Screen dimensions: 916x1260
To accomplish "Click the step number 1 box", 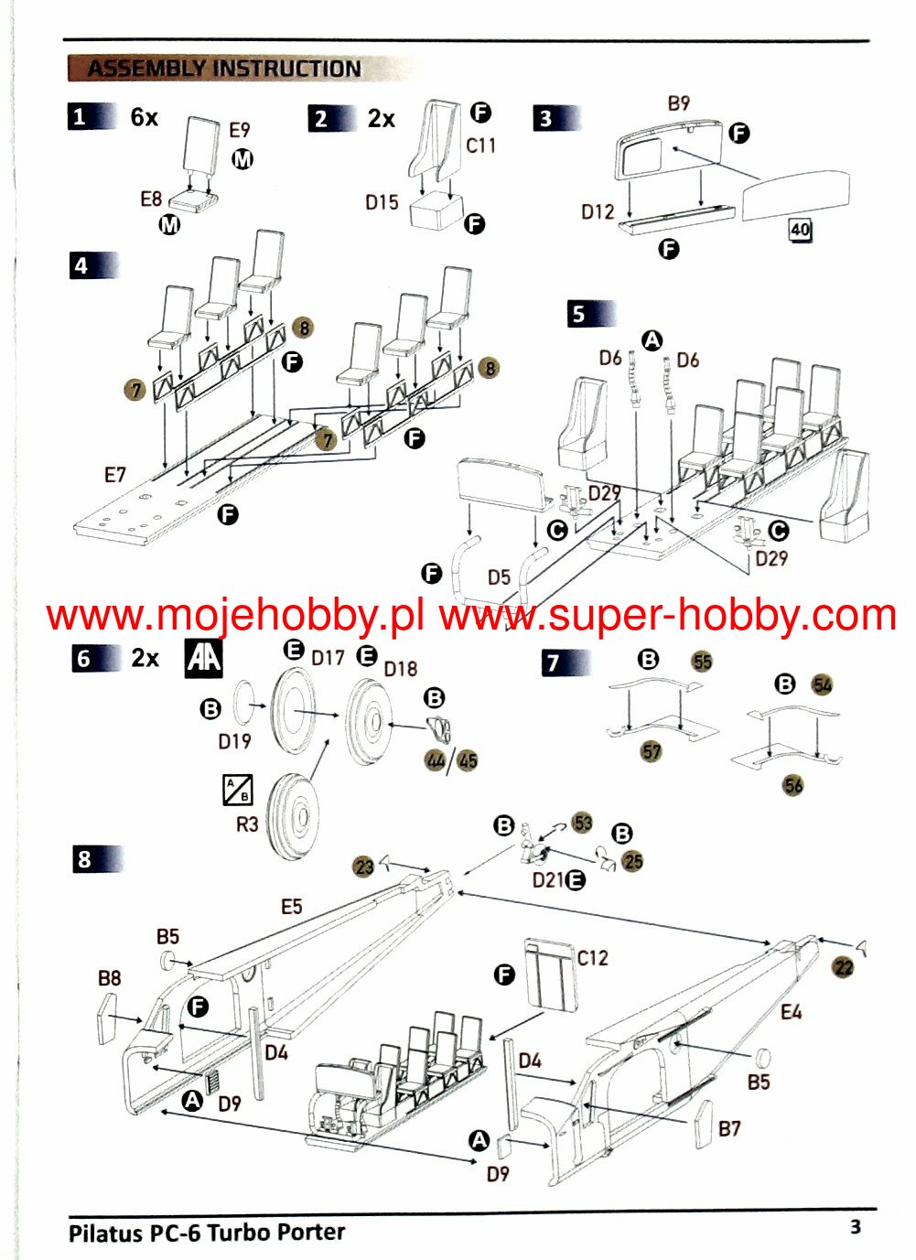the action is pyautogui.click(x=79, y=117).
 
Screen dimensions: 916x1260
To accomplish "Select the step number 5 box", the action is pyautogui.click(x=579, y=314).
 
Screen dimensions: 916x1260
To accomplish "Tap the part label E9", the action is pyautogui.click(x=239, y=131).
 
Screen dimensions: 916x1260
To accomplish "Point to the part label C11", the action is pyautogui.click(x=481, y=145).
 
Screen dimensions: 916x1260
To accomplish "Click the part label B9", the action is pyautogui.click(x=679, y=103).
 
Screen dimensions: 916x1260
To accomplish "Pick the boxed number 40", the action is pyautogui.click(x=800, y=230).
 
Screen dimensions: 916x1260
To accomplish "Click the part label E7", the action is pyautogui.click(x=114, y=475).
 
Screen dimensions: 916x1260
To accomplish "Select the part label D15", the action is pyautogui.click(x=382, y=202).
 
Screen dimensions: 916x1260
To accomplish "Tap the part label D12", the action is pyautogui.click(x=598, y=212).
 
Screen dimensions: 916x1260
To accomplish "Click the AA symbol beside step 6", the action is pyautogui.click(x=204, y=658).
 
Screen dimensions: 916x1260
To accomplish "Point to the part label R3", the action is pyautogui.click(x=247, y=824).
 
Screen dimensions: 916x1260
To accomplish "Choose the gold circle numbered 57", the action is pyautogui.click(x=652, y=751).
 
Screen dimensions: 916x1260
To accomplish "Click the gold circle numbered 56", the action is pyautogui.click(x=793, y=785).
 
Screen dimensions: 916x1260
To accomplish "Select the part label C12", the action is pyautogui.click(x=593, y=958).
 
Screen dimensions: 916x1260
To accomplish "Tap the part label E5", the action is pyautogui.click(x=291, y=907).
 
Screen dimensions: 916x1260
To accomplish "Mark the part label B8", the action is pyautogui.click(x=109, y=978).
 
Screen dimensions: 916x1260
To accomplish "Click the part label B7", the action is pyautogui.click(x=729, y=1128).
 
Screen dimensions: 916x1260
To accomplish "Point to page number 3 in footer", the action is pyautogui.click(x=856, y=1226).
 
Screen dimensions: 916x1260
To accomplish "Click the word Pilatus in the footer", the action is pyautogui.click(x=106, y=1233).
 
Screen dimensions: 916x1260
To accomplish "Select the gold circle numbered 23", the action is pyautogui.click(x=364, y=867).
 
